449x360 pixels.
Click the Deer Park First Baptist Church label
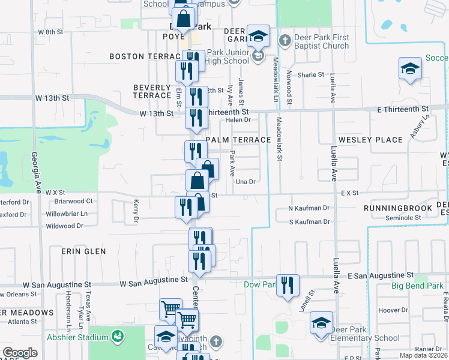tap(321, 41)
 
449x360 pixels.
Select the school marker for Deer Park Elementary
tap(322, 324)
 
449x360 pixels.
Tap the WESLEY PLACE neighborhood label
tap(370, 140)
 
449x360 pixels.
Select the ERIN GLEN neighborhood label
tap(83, 251)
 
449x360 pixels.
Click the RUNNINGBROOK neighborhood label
tap(398, 208)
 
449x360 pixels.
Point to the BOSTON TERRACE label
tap(143, 56)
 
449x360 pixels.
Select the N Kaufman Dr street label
tap(309, 208)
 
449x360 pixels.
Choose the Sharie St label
tap(312, 75)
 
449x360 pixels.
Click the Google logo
tap(20, 353)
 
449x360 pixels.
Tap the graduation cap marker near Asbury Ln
tap(410, 69)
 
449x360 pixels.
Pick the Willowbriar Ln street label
tap(67, 213)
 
